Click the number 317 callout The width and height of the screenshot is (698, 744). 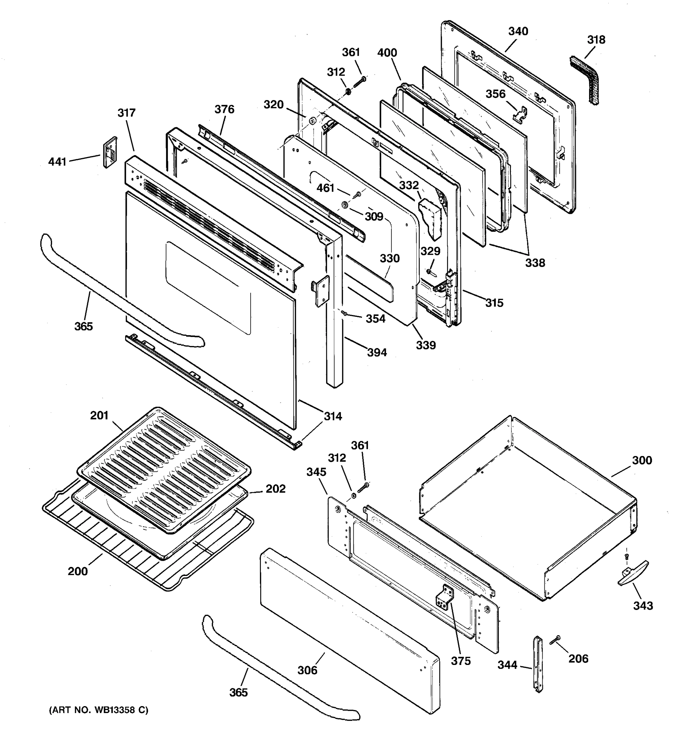pos(127,113)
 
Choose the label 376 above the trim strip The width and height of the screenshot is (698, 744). pos(224,109)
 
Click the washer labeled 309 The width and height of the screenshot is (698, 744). pos(345,205)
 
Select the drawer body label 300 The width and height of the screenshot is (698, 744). pos(642,460)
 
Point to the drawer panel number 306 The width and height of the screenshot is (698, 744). pos(307,670)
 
